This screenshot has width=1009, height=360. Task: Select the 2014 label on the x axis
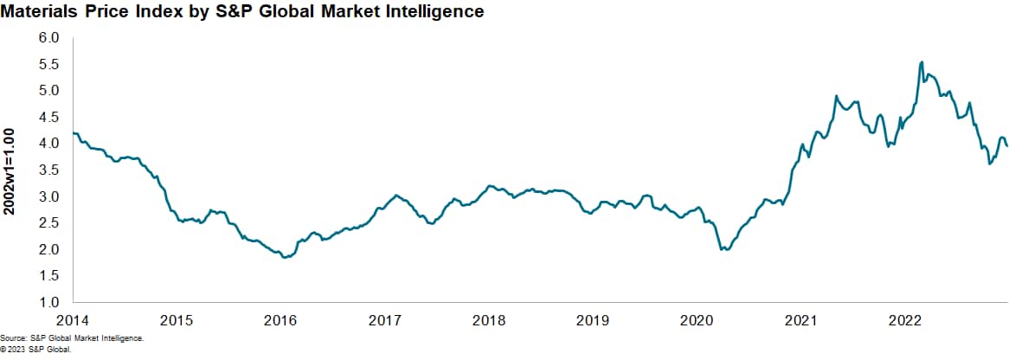73,319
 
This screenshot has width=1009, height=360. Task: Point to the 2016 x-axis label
280,319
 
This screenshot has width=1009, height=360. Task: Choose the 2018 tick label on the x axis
489,319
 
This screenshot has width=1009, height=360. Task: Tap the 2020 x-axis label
697,319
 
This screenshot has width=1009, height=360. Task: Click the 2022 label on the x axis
905,319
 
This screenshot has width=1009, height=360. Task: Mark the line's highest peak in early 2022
922,62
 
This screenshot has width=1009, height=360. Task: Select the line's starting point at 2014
73,132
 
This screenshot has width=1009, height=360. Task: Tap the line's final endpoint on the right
1007,145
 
